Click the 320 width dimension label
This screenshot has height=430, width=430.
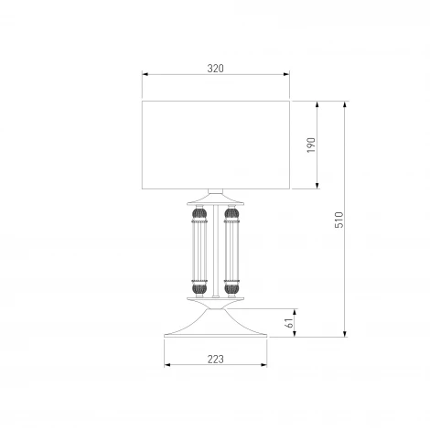pyautogui.click(x=215, y=69)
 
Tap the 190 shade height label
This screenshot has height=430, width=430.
pyautogui.click(x=311, y=145)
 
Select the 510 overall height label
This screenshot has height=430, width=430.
pyautogui.click(x=339, y=220)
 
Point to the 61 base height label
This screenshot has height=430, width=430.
pyautogui.click(x=289, y=323)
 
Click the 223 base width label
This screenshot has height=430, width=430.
pyautogui.click(x=216, y=360)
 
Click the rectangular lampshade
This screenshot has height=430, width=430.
pyautogui.click(x=216, y=145)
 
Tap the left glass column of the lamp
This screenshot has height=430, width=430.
pyautogui.click(x=199, y=252)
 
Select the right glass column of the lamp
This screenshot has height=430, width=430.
pyautogui.click(x=231, y=252)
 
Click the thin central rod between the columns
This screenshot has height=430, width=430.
pyautogui.click(x=216, y=251)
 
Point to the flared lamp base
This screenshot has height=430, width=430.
pyautogui.click(x=216, y=324)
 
